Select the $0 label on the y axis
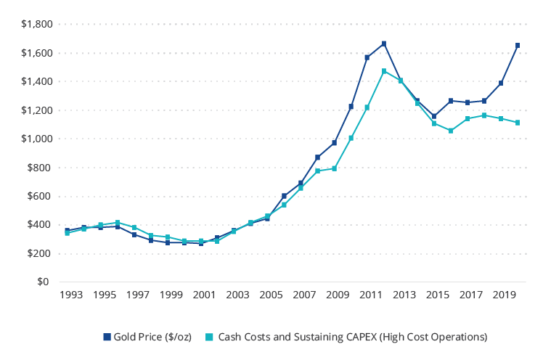[43, 282]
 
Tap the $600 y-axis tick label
[37, 196]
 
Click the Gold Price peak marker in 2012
[384, 44]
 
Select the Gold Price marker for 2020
[518, 45]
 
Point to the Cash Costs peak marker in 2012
[384, 71]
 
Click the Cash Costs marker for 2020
[518, 123]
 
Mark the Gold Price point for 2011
[367, 57]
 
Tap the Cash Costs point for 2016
[451, 131]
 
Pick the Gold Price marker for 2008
[317, 157]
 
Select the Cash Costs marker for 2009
[334, 168]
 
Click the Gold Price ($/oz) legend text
[152, 337]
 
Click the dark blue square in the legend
[107, 337]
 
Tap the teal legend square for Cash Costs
[209, 337]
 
